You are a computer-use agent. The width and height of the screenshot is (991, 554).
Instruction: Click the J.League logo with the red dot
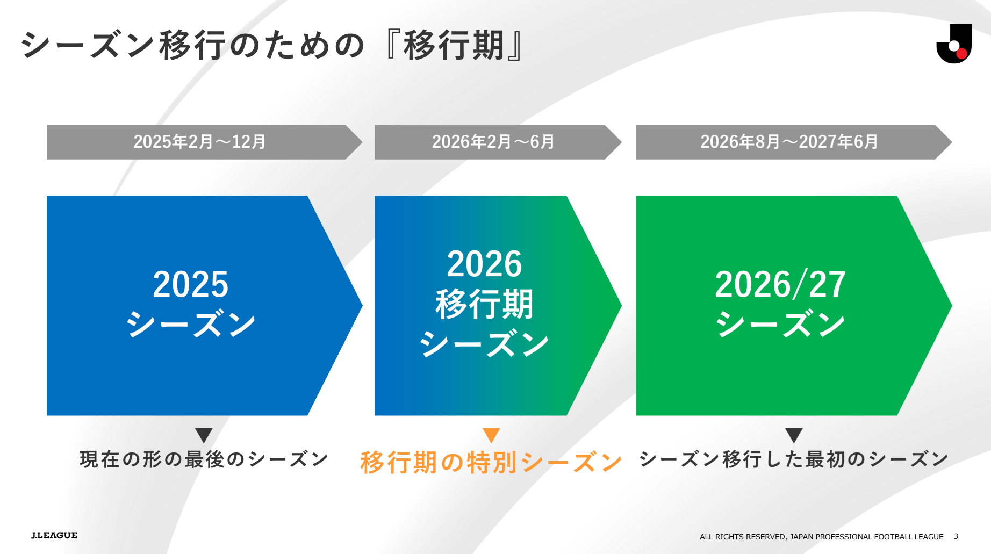tap(954, 44)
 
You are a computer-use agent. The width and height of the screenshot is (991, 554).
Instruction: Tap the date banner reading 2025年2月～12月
tap(204, 142)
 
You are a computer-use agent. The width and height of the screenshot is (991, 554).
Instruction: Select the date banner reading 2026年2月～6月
tap(498, 142)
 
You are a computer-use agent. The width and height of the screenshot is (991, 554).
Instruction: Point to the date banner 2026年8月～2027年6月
tap(794, 142)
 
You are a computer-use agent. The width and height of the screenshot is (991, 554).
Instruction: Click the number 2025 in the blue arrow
tap(190, 284)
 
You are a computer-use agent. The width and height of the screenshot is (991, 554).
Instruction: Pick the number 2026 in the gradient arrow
tap(484, 264)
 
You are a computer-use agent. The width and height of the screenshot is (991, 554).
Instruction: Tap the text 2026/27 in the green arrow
tap(780, 284)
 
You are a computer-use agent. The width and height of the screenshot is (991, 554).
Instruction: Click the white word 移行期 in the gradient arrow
tap(484, 304)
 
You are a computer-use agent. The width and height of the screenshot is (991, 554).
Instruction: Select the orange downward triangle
tap(491, 435)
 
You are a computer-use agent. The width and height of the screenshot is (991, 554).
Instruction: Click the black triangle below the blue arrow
tap(204, 435)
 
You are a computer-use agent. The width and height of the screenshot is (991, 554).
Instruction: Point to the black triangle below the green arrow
tap(794, 435)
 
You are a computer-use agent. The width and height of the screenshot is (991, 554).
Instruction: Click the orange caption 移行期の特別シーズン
tap(491, 462)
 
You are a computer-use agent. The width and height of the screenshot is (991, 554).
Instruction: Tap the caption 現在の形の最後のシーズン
tap(204, 459)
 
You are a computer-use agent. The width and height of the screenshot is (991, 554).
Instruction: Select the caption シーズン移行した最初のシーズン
tap(794, 459)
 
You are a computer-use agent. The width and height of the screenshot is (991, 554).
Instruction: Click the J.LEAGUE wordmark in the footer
tap(54, 535)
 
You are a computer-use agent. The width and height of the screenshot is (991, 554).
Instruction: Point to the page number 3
tap(956, 536)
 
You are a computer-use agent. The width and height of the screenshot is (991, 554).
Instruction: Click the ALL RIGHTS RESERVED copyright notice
tap(821, 537)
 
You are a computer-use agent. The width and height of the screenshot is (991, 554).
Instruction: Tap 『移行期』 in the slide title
tap(454, 45)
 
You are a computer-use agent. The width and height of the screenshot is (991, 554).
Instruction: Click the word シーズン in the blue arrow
tap(190, 324)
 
